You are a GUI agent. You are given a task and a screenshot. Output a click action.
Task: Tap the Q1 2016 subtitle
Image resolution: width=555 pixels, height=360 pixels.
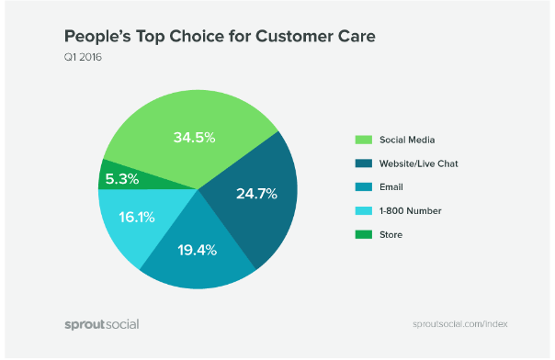82,60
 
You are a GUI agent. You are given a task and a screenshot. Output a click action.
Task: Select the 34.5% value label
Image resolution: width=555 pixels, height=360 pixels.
194,138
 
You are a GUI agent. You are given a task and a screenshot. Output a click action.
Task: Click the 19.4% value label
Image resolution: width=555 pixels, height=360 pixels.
193,250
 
